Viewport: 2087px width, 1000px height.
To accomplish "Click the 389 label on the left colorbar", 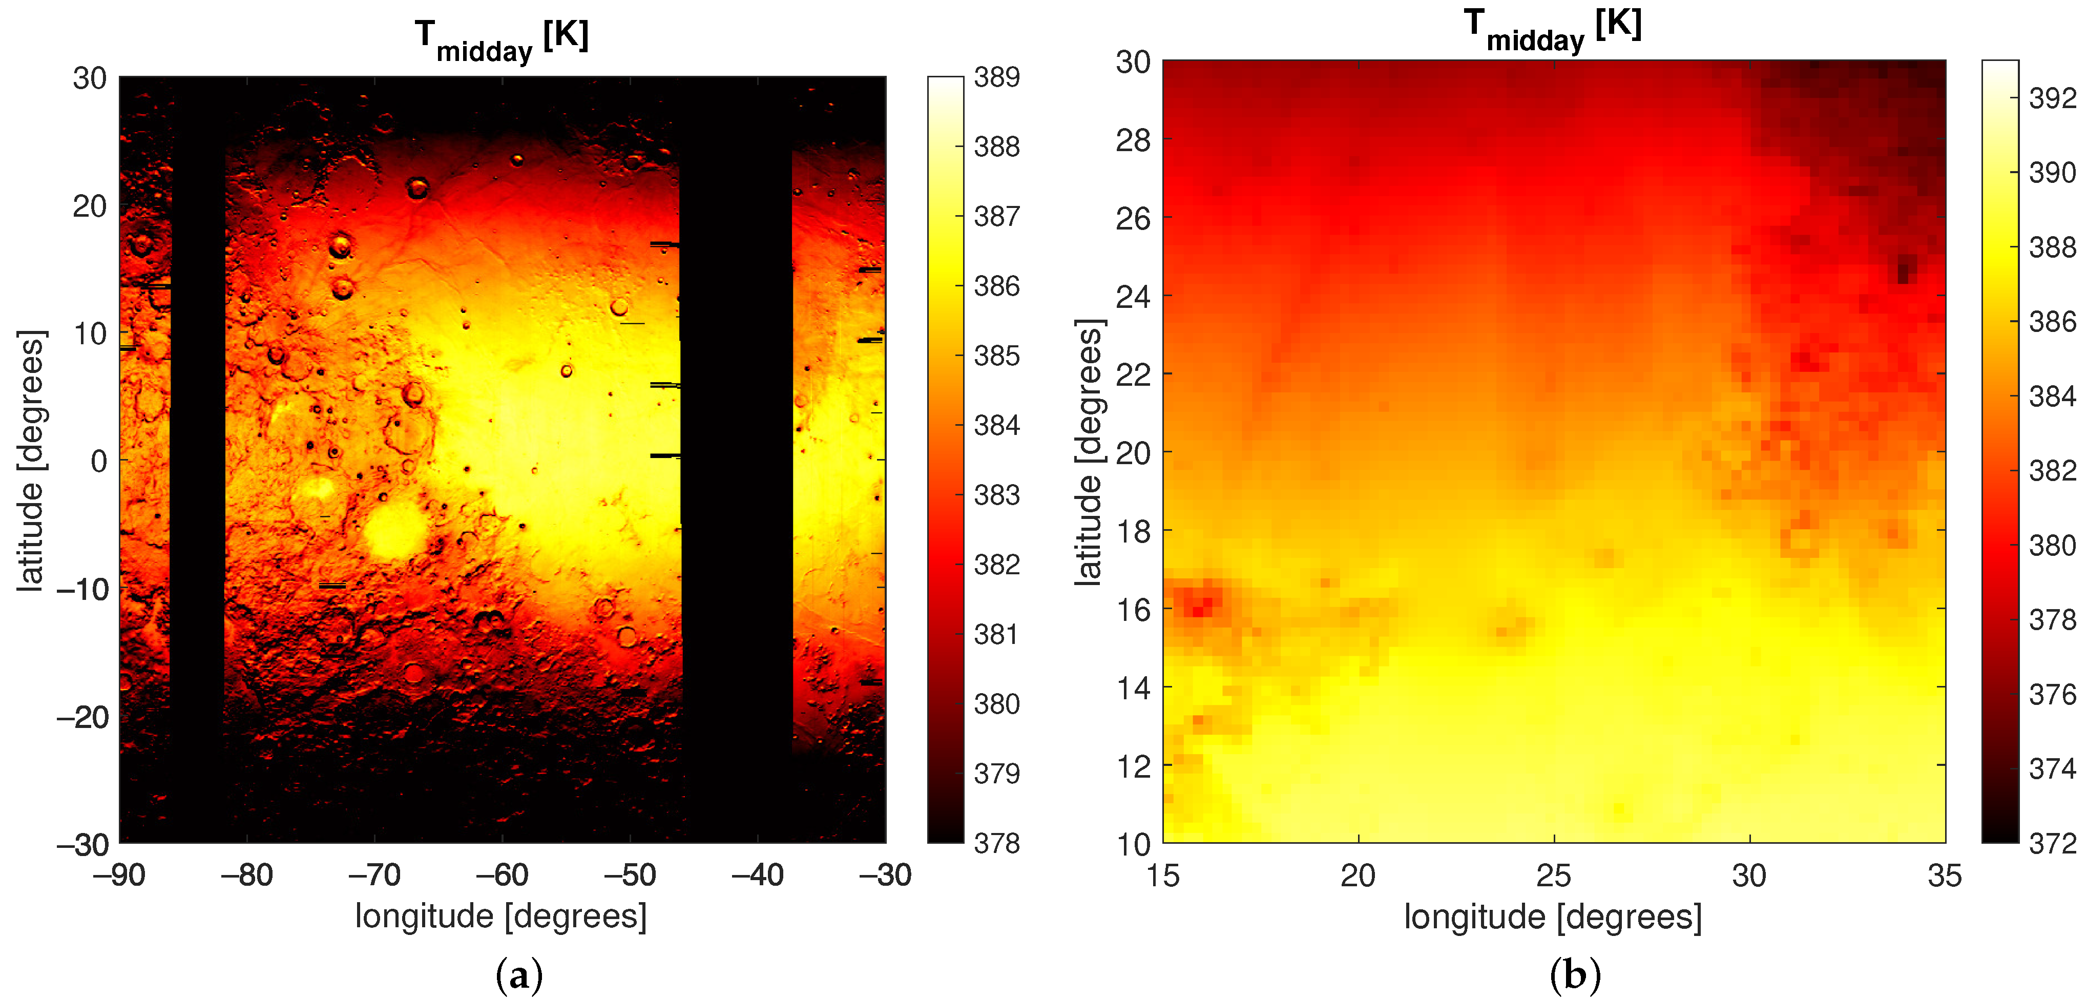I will (996, 78).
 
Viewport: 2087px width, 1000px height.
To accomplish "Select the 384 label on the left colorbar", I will (996, 425).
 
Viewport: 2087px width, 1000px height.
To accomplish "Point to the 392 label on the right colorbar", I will (2052, 98).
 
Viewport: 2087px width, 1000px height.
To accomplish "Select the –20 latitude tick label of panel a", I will (82, 716).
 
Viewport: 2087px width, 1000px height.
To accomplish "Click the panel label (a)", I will (518, 975).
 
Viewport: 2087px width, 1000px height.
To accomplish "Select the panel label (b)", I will (1575, 975).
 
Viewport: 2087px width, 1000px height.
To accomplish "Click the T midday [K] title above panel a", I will (502, 40).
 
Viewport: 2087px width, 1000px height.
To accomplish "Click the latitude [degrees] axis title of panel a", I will (32, 460).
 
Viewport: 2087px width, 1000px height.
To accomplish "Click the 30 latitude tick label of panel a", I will (90, 78).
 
